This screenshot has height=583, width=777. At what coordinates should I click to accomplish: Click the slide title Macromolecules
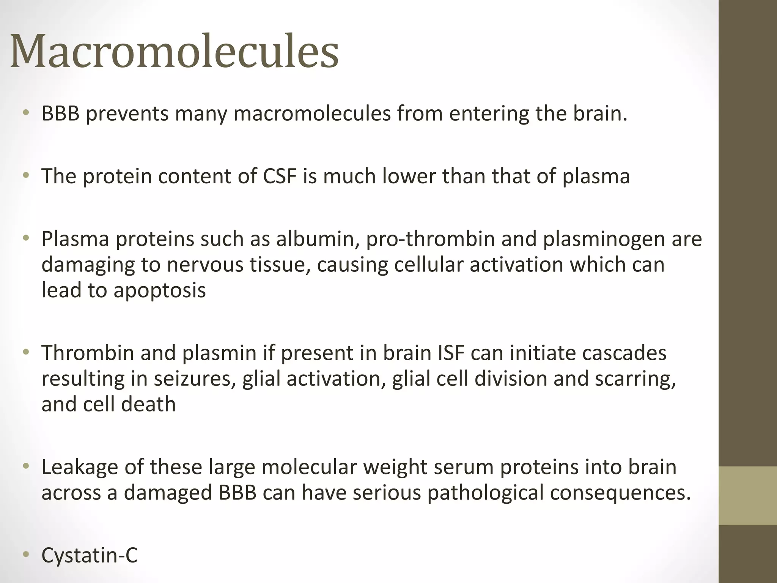[x=174, y=51]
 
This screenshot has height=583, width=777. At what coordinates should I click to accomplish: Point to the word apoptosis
[x=160, y=291]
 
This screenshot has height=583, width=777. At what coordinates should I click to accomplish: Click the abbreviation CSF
[x=279, y=176]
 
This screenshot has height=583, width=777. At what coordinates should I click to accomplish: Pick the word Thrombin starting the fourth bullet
[x=88, y=353]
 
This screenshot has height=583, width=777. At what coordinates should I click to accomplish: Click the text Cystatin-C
[x=90, y=555]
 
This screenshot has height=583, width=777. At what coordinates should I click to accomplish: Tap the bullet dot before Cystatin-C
[x=25, y=555]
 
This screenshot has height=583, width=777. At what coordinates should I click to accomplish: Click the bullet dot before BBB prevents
[x=25, y=113]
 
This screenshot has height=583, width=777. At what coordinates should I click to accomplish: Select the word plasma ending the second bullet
[x=596, y=177]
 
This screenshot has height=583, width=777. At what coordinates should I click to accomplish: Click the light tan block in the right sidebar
[x=747, y=495]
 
